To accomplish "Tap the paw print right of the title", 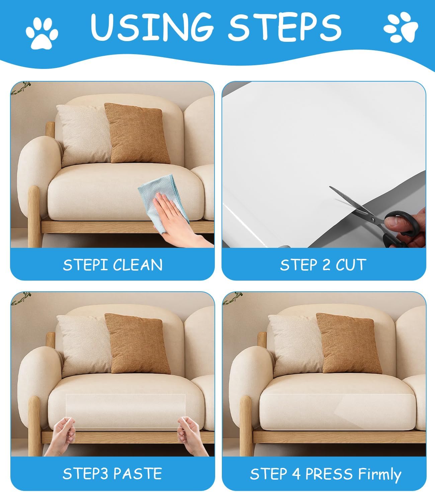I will (401, 28).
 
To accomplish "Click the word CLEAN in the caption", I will (138, 265).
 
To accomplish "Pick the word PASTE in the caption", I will (138, 474).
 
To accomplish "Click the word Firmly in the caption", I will (379, 474).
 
